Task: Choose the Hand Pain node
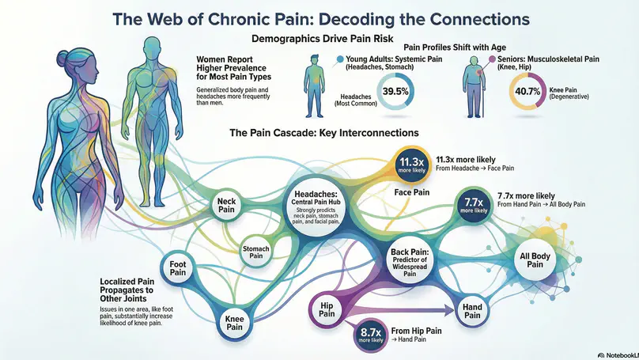point(472,310)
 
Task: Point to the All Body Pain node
point(535,259)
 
